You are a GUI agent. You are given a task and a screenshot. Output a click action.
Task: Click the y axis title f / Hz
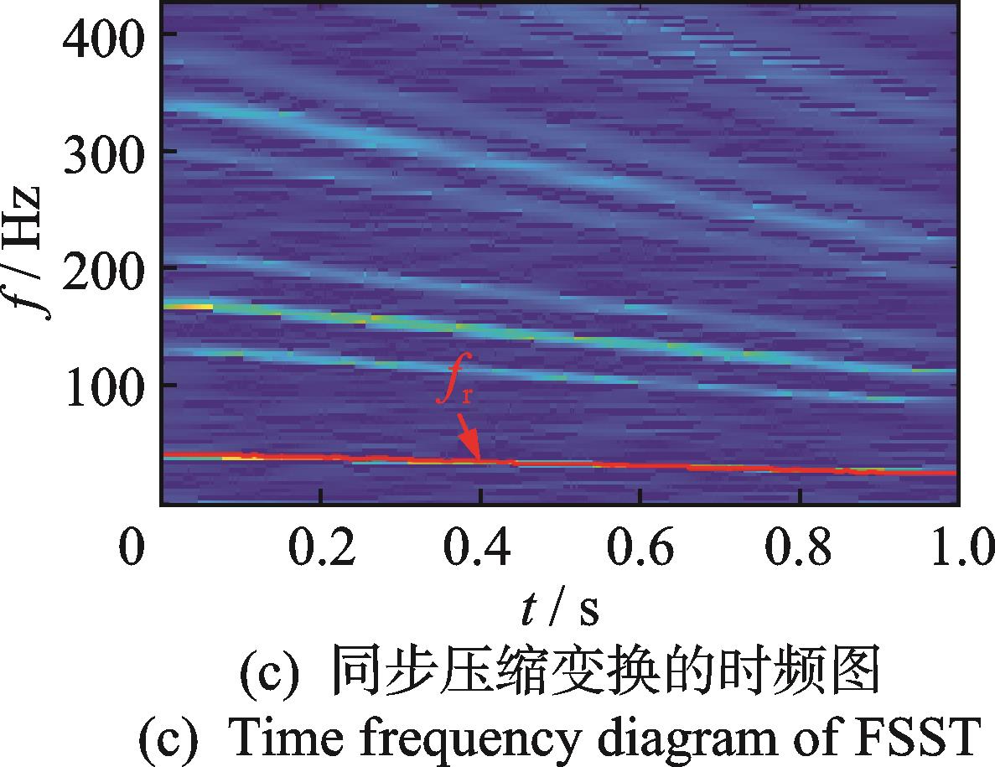point(34,251)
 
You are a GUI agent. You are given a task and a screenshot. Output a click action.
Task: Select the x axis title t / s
point(559,609)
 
